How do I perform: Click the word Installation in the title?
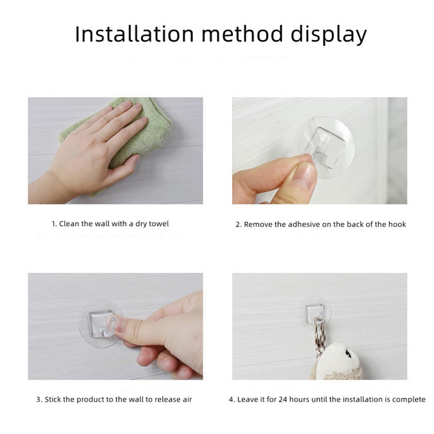(134, 34)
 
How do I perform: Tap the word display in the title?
(329, 35)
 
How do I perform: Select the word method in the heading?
(242, 34)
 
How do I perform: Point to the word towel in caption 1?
(158, 224)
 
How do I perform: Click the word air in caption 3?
(187, 399)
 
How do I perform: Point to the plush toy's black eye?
(346, 353)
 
